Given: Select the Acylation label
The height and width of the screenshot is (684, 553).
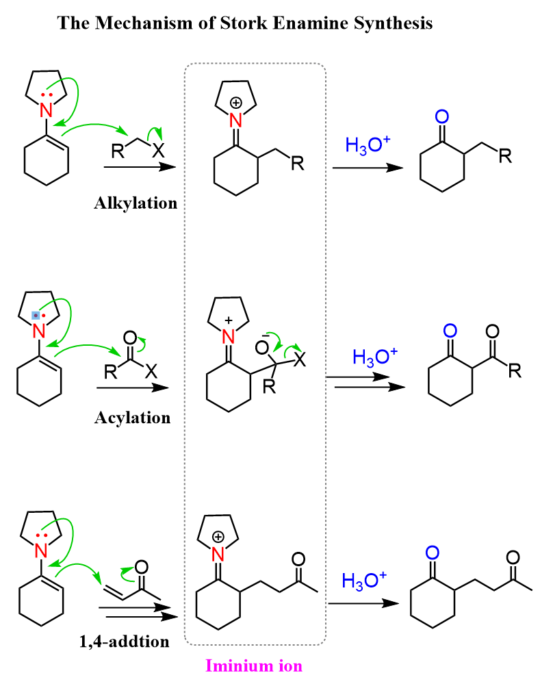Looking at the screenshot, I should pyautogui.click(x=132, y=417).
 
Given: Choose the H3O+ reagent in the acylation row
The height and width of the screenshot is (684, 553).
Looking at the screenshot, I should pyautogui.click(x=376, y=357).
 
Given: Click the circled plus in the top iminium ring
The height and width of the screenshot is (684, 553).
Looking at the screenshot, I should pyautogui.click(x=236, y=103).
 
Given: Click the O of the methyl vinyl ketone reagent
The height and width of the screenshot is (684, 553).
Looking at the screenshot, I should pyautogui.click(x=141, y=567).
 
